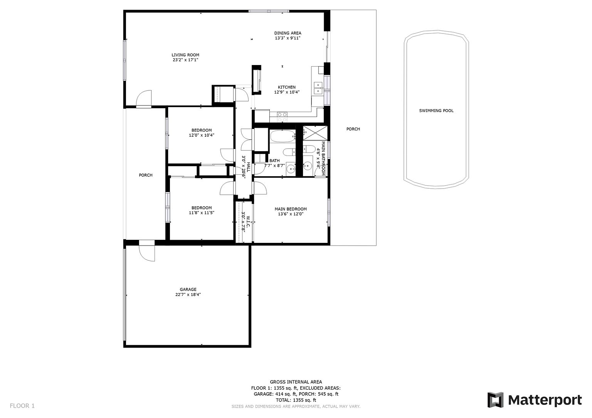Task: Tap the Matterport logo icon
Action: [495, 400]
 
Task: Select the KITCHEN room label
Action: [287, 87]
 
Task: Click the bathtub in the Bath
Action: [283, 136]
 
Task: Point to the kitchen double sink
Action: [318, 88]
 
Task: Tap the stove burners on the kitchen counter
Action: [282, 117]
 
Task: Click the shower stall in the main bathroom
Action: [315, 133]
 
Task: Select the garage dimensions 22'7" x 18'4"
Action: [188, 294]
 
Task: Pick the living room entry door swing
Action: [144, 99]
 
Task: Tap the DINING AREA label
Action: [288, 33]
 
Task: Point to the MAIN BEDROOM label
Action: [291, 209]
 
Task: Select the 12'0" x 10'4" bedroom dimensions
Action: [202, 135]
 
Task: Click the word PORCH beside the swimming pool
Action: [353, 129]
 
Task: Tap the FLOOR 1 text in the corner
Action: [22, 406]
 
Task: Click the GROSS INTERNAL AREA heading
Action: [296, 382]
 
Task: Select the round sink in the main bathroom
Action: [308, 166]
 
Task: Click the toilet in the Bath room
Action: [289, 152]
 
